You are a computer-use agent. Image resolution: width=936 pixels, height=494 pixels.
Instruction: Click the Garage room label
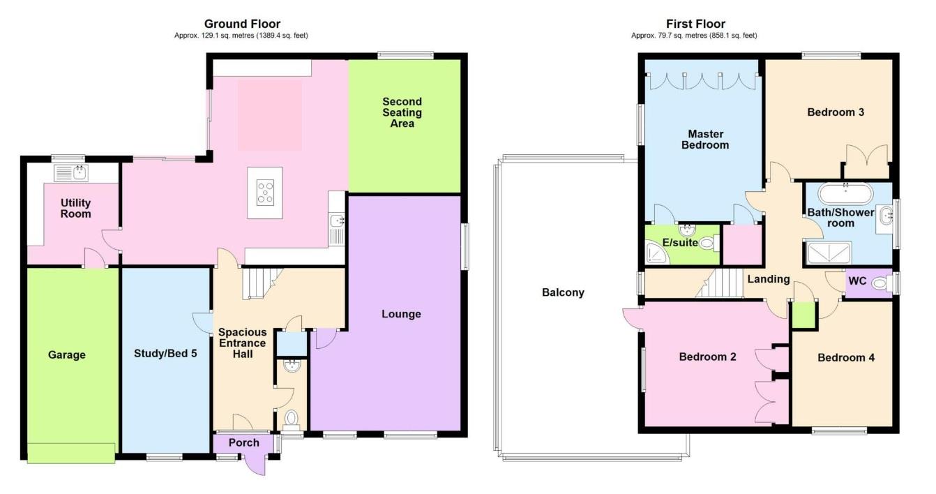coord(67,354)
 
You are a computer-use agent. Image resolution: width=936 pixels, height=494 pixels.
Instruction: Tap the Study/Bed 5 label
coord(165,353)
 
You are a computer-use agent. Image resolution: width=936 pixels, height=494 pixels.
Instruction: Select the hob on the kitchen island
coord(266,190)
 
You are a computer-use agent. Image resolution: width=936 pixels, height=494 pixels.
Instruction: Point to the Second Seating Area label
coord(402,112)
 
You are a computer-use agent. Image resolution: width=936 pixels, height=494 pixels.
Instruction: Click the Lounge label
coord(401,314)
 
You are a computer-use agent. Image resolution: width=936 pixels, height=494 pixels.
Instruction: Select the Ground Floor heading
coord(242,24)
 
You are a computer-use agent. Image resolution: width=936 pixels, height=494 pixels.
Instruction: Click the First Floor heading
coord(695,24)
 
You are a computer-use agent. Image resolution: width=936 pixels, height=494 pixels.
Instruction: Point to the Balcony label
coord(563,292)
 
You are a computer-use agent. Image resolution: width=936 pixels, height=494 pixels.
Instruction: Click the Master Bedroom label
coord(705,140)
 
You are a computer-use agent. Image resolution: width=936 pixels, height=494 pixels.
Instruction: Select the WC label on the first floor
coord(856,281)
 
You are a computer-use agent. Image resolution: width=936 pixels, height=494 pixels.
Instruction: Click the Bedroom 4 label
coord(846,357)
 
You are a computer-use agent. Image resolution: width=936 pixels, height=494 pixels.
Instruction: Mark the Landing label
coord(768,279)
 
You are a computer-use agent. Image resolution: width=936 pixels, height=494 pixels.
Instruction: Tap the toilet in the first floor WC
coord(882,283)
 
